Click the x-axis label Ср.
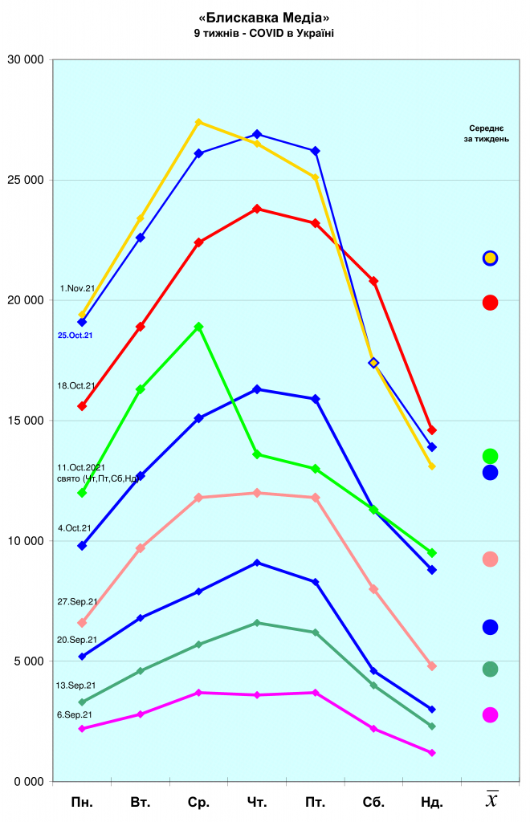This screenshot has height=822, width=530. pyautogui.click(x=198, y=801)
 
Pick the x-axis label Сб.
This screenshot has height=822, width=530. pyautogui.click(x=373, y=801)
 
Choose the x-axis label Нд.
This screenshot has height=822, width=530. pyautogui.click(x=432, y=801)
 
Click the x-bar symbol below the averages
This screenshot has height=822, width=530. pyautogui.click(x=491, y=800)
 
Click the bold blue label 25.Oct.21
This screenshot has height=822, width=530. pyautogui.click(x=75, y=336)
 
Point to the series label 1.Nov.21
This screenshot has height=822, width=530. pyautogui.click(x=78, y=287)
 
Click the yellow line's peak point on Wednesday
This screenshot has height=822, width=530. pyautogui.click(x=198, y=122)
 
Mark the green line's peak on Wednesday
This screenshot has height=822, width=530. pyautogui.click(x=198, y=327)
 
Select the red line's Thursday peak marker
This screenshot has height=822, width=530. pyautogui.click(x=257, y=209)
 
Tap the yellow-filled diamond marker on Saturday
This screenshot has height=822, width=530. pyautogui.click(x=373, y=363)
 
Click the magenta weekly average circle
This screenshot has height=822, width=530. pyautogui.click(x=490, y=714)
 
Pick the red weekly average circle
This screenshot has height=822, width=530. pyautogui.click(x=490, y=303)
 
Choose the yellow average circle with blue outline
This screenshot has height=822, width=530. pyautogui.click(x=490, y=258)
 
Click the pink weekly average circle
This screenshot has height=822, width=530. pyautogui.click(x=490, y=559)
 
